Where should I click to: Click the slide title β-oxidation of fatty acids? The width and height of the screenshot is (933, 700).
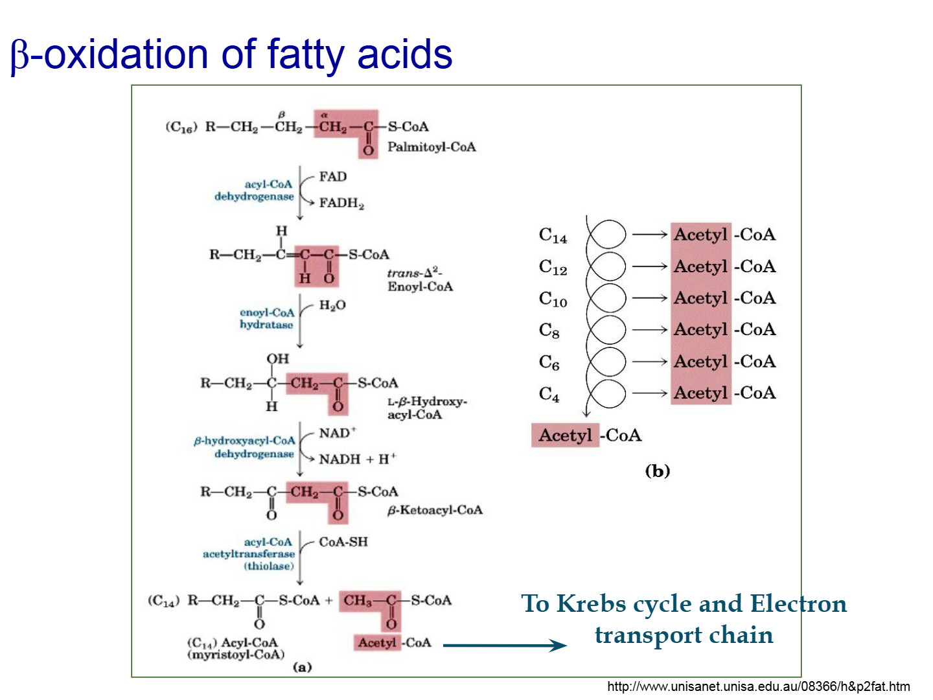pos(231,55)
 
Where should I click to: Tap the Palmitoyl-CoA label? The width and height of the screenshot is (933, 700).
pos(431,147)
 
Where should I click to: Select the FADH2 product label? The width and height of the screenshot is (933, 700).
pos(341,203)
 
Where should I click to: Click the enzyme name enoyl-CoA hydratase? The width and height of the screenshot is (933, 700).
pos(267,318)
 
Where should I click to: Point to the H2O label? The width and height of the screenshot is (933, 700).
pos(332,305)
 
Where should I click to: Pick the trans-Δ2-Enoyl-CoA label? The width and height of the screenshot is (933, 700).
pos(420,279)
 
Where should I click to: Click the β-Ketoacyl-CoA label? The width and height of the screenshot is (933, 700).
pos(434,510)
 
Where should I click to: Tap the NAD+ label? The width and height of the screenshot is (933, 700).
pos(338,433)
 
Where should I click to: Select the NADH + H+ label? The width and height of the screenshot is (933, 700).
pos(358,459)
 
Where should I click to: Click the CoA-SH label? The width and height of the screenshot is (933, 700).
pos(343,542)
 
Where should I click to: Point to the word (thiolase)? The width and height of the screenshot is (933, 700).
pos(269,566)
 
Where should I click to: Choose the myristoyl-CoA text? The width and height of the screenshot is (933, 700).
pos(236,655)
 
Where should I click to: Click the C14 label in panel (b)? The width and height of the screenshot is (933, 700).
pos(553,235)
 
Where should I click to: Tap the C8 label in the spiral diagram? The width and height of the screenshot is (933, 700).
pos(549,331)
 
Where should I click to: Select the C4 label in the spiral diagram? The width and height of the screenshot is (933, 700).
pos(549,394)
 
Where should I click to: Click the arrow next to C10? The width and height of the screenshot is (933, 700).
pos(649,298)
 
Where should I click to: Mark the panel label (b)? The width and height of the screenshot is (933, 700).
pos(657,471)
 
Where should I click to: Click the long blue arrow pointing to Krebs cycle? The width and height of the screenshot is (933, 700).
pos(505,645)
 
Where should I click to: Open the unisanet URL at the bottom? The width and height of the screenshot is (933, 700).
pos(758,686)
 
